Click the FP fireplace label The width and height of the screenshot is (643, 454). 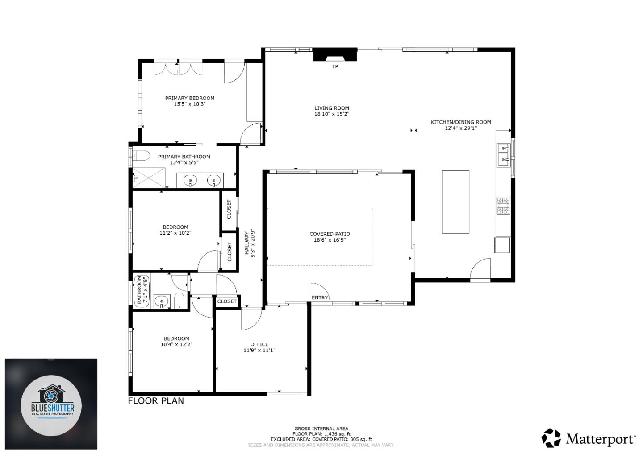click(335, 67)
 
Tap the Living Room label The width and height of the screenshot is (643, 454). click(331, 108)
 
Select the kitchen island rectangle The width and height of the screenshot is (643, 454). click(455, 202)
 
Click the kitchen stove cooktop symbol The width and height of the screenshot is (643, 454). click(503, 205)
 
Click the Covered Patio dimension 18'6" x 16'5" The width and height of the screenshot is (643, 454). click(330, 240)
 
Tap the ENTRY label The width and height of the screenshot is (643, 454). click(320, 297)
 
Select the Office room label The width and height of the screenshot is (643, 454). click(259, 344)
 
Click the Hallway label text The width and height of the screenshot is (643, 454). click(246, 243)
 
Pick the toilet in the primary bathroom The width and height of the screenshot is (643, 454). click(141, 156)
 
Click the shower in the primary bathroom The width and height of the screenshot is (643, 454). click(149, 177)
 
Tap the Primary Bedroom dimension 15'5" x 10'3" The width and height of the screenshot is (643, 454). click(190, 104)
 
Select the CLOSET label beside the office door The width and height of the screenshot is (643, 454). click(227, 301)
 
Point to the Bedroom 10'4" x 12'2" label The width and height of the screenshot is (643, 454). click(176, 338)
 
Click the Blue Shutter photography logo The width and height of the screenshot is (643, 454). click(51, 404)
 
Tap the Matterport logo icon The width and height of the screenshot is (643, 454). click(551, 438)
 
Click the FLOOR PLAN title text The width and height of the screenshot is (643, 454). click(156, 400)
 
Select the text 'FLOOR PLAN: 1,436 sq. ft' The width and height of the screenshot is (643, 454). click(321, 434)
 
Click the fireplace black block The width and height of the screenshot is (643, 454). click(335, 54)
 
